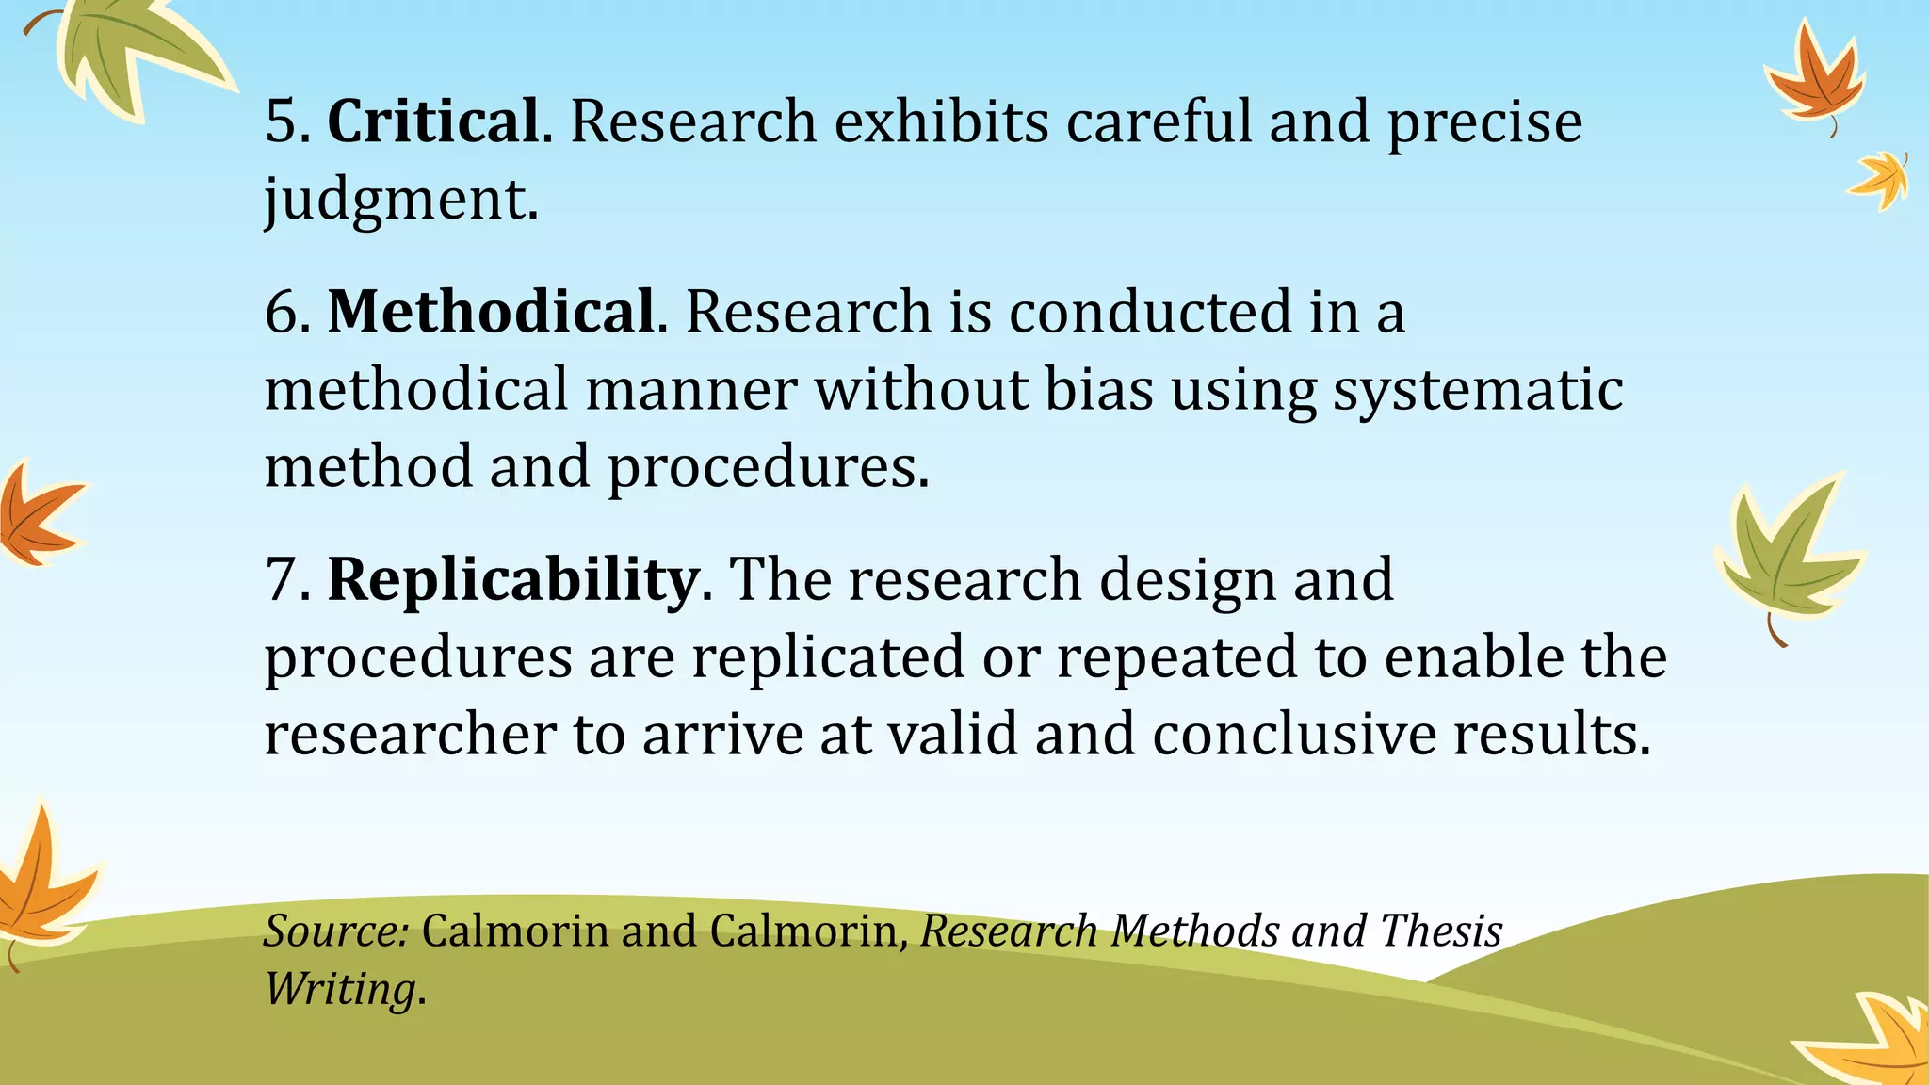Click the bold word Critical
coord(433,121)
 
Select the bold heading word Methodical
coord(491,312)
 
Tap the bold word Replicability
coord(512,579)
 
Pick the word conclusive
coord(1293,734)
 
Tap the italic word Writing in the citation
coord(339,989)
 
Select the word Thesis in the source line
coord(1441,931)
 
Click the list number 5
coord(283,121)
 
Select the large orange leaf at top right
coord(1812,80)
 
